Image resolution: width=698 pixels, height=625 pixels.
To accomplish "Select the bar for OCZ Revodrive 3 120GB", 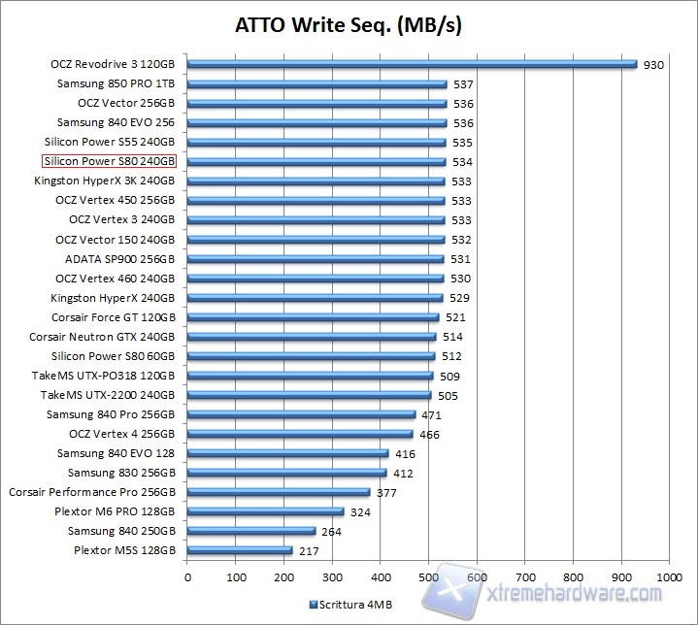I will coord(412,64).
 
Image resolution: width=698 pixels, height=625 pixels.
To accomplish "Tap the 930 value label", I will coord(653,65).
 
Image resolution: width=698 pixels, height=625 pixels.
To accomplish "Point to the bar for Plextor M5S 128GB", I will coord(240,550).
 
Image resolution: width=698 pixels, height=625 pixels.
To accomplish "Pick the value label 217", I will coord(310,551).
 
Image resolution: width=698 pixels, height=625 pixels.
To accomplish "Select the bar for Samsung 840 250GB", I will coord(251,531).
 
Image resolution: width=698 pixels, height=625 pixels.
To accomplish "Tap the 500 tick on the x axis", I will coord(428,576).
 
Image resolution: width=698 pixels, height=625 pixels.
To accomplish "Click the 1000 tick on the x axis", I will coord(669,576).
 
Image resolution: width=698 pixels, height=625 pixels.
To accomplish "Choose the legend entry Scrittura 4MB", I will coord(350,604).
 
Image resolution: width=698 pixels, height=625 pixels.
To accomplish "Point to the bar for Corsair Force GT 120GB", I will coord(314,317).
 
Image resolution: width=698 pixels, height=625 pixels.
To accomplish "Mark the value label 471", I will coord(432,415).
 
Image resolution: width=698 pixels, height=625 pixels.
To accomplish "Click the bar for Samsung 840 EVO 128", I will coord(288,453).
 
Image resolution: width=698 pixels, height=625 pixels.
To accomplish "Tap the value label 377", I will coord(386,493).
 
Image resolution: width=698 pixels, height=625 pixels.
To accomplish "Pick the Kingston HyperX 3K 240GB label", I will coord(105,181).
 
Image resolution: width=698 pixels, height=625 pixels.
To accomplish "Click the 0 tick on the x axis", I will coord(187,576).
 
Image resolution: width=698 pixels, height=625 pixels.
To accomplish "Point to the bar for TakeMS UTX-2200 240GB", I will coord(309,395).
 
